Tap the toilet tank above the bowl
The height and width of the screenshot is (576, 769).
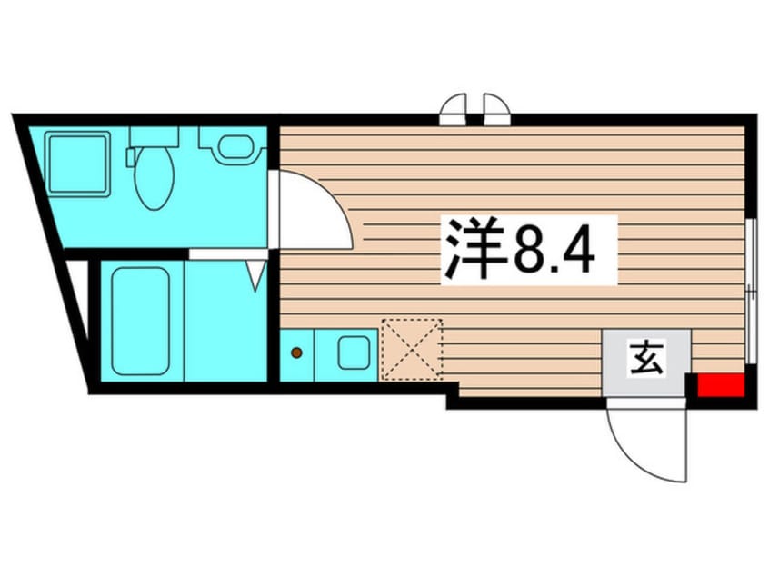[x=154, y=136]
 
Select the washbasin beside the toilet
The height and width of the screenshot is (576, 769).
[x=235, y=146]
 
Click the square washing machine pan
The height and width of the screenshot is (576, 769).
[x=79, y=164]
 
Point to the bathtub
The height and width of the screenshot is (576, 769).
[x=141, y=320]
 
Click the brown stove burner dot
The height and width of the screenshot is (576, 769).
[x=296, y=352]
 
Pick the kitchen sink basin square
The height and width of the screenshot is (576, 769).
[x=353, y=353]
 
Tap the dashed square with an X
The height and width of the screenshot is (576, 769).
[x=412, y=349]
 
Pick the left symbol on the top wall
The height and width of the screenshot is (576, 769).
[x=454, y=109]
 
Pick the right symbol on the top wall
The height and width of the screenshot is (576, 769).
[x=496, y=109]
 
